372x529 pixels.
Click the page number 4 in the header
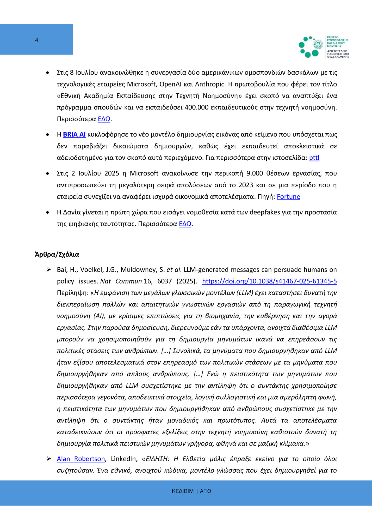coord(37,40)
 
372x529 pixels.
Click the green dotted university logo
coord(309,47)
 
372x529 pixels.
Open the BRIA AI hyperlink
coord(74,135)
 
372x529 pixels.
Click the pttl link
coord(314,158)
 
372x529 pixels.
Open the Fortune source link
coord(288,197)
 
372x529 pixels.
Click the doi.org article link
coord(269,281)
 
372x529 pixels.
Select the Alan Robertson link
coord(81,459)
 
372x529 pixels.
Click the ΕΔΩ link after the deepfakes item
coord(185,224)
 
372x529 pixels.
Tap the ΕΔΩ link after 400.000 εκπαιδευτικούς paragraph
coord(104,119)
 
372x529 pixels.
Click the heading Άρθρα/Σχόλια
coord(57,255)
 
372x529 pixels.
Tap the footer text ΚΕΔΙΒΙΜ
coord(183,491)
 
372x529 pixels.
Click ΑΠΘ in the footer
coord(205,491)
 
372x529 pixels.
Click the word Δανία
coord(73,212)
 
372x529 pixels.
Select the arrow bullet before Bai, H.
coord(48,270)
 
